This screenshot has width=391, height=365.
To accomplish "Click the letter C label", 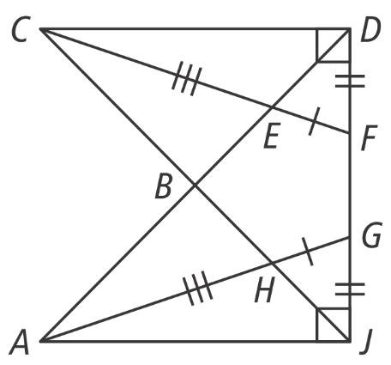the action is click(20, 30).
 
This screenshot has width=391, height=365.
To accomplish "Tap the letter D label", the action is click(370, 30).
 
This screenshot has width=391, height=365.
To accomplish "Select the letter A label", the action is click(20, 342).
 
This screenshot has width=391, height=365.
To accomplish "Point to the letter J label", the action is click(366, 342).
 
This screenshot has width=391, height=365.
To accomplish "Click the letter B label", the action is click(163, 186).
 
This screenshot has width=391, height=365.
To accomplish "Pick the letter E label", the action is click(272, 135).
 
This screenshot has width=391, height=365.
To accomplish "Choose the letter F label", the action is click(370, 137).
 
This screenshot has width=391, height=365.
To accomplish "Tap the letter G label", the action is click(371, 234).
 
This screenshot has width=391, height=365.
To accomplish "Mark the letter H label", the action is click(265, 289).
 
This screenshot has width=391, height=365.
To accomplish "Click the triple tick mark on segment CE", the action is click(187, 78).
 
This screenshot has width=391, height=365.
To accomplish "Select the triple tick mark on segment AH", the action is click(198, 288).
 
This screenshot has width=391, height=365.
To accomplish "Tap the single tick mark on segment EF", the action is click(315, 121).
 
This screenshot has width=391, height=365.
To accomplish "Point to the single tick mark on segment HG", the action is click(308, 251).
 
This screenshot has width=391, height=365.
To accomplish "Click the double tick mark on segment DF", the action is click(350, 81).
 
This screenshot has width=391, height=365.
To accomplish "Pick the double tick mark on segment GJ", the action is click(350, 289).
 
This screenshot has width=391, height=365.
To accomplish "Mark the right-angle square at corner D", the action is click(334, 45).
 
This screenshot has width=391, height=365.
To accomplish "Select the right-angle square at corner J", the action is click(334, 325).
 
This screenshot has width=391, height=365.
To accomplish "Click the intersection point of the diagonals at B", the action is click(195, 186).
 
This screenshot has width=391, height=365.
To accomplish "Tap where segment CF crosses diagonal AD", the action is click(272, 107).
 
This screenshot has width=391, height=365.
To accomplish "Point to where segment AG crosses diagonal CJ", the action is click(272, 263).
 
